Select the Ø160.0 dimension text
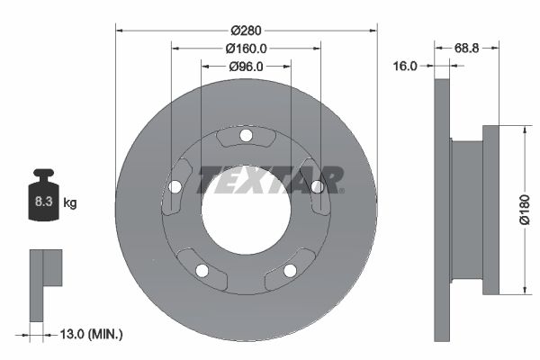(x=246, y=48)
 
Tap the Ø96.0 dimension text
(x=246, y=66)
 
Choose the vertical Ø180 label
(x=524, y=210)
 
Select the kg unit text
(x=70, y=203)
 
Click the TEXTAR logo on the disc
(x=271, y=179)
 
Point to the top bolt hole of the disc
(x=246, y=136)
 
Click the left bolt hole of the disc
(x=175, y=187)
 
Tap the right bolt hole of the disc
(x=317, y=187)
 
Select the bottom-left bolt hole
(x=202, y=270)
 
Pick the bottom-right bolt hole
(x=290, y=270)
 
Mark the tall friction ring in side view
(x=441, y=210)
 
